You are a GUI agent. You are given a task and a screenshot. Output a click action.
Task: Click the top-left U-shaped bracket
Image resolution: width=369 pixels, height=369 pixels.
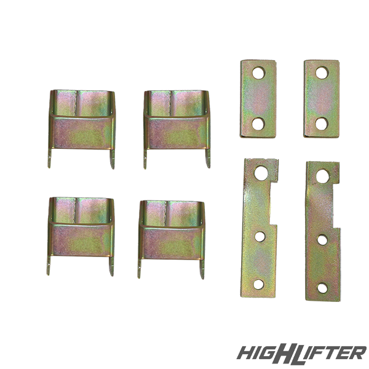[x=82, y=132]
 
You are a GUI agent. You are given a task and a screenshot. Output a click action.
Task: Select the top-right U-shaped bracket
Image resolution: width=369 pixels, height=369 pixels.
[x=177, y=132]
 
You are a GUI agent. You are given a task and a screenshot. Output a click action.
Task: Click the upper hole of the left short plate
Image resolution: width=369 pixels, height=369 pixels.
[x=259, y=73]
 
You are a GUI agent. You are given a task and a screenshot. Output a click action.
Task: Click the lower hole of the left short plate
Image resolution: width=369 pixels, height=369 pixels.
[x=258, y=124]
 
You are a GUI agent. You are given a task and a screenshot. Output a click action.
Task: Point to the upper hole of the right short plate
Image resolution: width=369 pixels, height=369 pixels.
[x=322, y=73]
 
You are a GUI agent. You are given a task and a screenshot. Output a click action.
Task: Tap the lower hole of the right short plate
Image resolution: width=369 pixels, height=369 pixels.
[x=322, y=124]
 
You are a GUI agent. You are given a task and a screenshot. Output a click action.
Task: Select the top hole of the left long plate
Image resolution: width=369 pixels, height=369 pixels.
[x=261, y=173]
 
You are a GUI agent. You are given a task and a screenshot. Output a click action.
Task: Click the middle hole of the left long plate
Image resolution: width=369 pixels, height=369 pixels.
[x=260, y=237]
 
